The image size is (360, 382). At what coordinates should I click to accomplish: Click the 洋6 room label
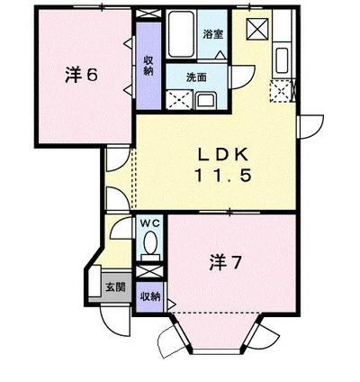(x=80, y=75)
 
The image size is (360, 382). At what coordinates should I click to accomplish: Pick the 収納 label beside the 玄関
(x=150, y=296)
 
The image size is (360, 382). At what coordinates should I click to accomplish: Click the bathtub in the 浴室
(x=184, y=34)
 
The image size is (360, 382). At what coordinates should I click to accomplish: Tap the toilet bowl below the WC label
(x=150, y=243)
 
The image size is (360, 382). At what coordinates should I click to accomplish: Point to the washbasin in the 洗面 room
(x=206, y=99)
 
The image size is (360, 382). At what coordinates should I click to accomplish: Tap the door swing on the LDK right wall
(x=311, y=127)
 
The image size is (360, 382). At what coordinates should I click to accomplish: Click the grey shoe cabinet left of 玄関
(x=94, y=287)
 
